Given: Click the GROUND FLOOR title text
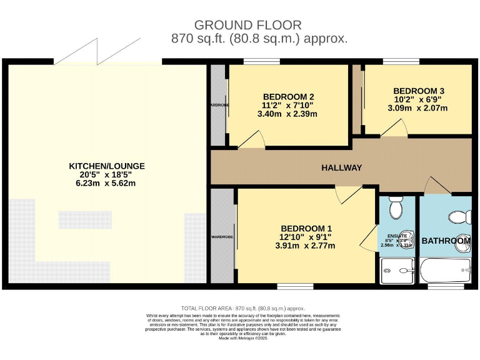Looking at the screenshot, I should pyautogui.click(x=247, y=25).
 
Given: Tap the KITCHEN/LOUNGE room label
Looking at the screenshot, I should pyautogui.click(x=107, y=166).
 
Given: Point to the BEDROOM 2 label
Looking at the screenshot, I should pyautogui.click(x=288, y=96).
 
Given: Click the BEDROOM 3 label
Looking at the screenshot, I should pyautogui.click(x=419, y=91).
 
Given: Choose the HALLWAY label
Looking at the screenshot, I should pyautogui.click(x=342, y=167).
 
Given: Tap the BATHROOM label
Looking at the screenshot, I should pyautogui.click(x=446, y=241).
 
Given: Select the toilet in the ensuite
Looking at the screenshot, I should pyautogui.click(x=396, y=206).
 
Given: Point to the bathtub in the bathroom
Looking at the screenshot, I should pyautogui.click(x=444, y=271).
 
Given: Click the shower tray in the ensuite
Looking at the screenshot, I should pyautogui.click(x=396, y=271).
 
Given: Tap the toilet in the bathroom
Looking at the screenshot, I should pyautogui.click(x=460, y=217).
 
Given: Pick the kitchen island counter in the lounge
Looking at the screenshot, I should pyautogui.click(x=85, y=220).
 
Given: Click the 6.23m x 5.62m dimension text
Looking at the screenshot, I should pyautogui.click(x=106, y=184).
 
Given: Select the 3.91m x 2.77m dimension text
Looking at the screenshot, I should pyautogui.click(x=306, y=246).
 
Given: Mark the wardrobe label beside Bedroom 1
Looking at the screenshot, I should pyautogui.click(x=222, y=237).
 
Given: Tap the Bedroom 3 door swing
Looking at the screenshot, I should pyautogui.click(x=394, y=128).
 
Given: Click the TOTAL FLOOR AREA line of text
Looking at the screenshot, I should pyautogui.click(x=242, y=309).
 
